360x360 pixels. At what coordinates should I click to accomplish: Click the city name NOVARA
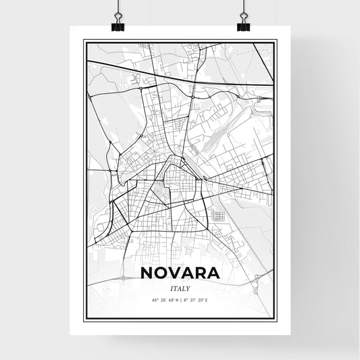tap(180, 274)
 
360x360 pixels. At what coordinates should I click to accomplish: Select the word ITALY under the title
tap(180, 288)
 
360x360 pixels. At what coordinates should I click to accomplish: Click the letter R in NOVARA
tap(210, 274)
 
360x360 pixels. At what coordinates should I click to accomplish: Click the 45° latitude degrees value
tap(155, 301)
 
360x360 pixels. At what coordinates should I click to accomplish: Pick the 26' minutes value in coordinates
tap(163, 301)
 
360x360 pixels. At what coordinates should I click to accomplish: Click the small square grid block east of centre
tap(218, 216)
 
